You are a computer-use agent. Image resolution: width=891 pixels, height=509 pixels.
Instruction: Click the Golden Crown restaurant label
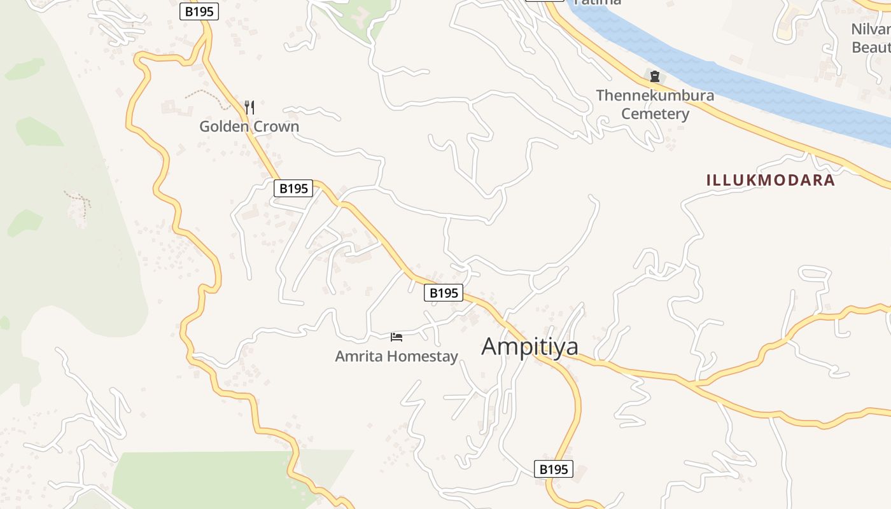click(249, 127)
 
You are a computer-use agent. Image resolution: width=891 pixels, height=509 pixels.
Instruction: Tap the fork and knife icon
click(249, 108)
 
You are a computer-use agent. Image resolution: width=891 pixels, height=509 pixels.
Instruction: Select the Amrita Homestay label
click(396, 356)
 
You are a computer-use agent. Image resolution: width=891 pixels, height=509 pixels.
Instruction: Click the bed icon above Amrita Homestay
click(396, 337)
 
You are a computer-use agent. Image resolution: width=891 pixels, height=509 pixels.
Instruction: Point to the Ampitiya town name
click(530, 347)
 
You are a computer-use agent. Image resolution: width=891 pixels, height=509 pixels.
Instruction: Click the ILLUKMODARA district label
click(770, 180)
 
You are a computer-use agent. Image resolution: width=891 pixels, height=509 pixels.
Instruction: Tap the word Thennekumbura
click(655, 95)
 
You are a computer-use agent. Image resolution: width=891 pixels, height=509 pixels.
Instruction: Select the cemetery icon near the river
click(654, 77)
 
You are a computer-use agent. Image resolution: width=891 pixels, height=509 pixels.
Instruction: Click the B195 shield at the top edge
click(199, 11)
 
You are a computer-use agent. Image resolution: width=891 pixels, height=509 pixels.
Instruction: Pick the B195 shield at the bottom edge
click(553, 470)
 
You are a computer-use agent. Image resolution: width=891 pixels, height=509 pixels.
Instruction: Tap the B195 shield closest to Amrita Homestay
click(444, 293)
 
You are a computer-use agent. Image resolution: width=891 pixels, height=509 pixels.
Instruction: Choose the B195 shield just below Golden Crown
click(293, 188)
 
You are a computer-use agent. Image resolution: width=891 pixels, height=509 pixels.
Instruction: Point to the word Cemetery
click(655, 115)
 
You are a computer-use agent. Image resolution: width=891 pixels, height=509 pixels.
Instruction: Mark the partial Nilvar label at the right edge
click(871, 29)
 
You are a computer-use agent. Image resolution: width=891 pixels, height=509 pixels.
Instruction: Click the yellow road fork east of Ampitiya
click(694, 384)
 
